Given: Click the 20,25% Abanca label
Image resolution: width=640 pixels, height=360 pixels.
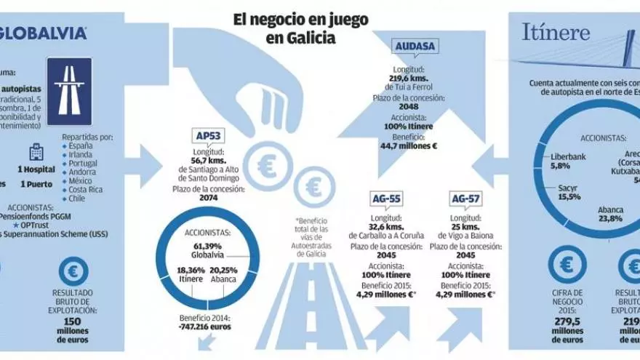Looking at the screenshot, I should (x=225, y=275).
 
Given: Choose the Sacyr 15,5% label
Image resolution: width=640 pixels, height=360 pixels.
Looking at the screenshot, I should (x=569, y=192).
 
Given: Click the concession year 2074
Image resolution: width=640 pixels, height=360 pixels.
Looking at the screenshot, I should (x=212, y=197).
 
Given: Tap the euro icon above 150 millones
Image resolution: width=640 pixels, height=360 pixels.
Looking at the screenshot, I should (x=73, y=271).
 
